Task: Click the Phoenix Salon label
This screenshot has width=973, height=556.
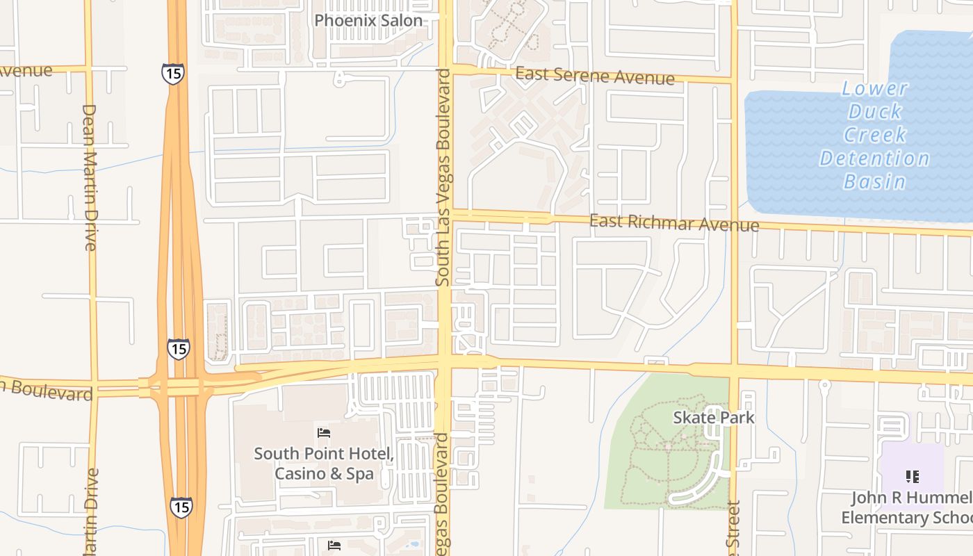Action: pos(368,20)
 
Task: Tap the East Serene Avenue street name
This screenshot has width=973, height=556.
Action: pos(595,75)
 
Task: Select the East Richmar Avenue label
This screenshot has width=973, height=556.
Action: pos(674,223)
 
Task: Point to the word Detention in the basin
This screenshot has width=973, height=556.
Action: pos(874,158)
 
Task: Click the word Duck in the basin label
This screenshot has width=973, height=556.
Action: pos(875,111)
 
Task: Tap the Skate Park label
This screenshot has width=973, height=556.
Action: pos(714,418)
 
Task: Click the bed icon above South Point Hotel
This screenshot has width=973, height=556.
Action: pos(324,432)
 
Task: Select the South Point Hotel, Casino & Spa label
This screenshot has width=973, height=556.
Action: pos(324,464)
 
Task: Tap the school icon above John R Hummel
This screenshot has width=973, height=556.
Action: pos(913,477)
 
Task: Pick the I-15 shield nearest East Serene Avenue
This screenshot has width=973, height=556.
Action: pos(172,74)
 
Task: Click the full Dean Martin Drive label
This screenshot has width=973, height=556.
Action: pos(90,177)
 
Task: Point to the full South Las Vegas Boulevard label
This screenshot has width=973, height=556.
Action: pos(443,177)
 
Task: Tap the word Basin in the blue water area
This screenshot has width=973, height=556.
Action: pos(875,182)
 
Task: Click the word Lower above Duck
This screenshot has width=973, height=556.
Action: pos(875,88)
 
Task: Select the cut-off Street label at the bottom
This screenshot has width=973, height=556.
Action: pos(734,532)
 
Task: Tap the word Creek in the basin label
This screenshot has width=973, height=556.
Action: pos(875,135)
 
